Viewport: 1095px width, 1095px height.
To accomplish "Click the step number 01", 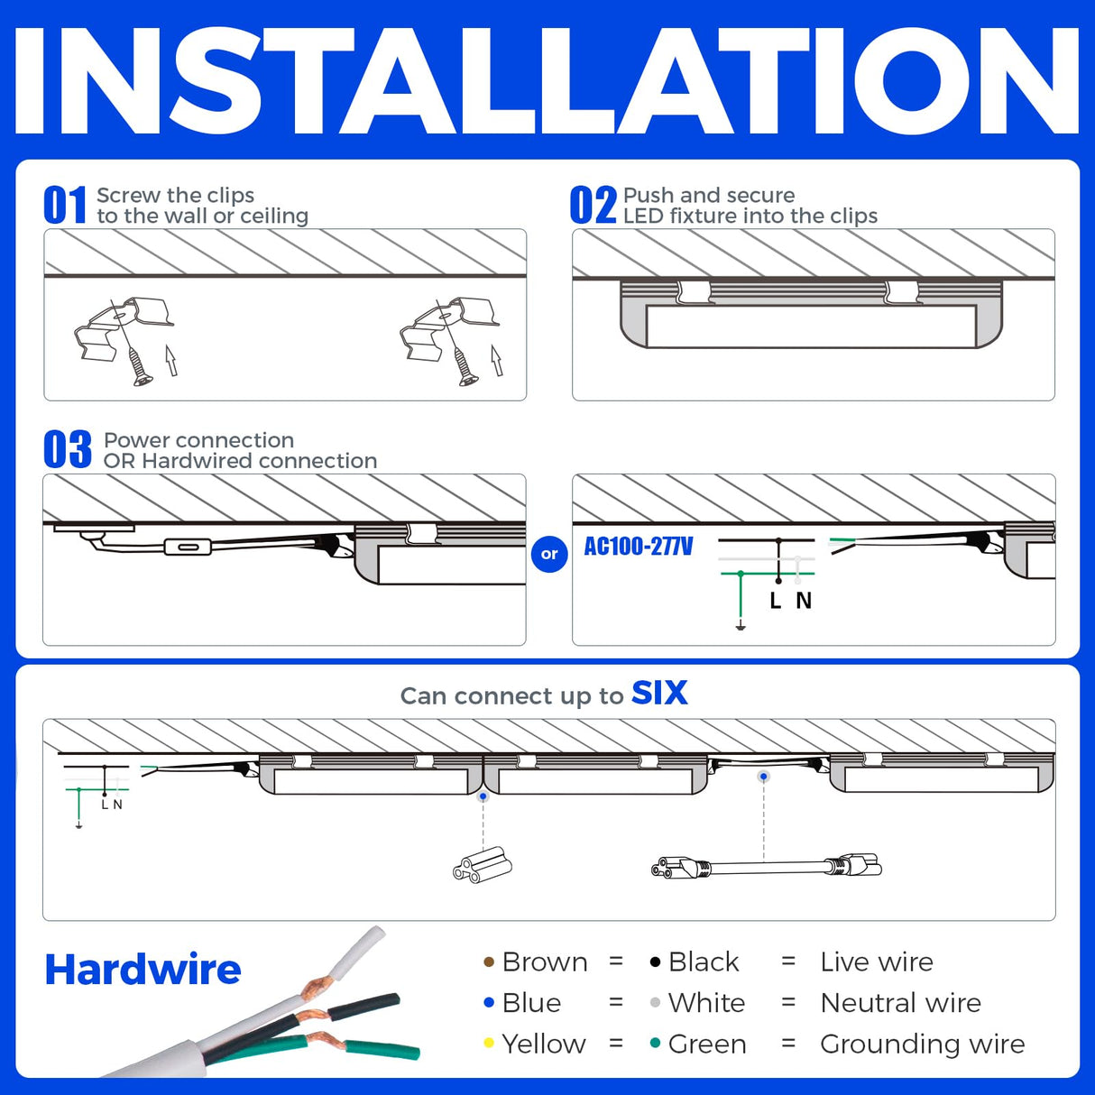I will click(x=65, y=206).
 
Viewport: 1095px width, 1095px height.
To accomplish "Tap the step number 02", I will click(x=593, y=206).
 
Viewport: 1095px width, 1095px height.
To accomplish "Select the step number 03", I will click(x=68, y=450).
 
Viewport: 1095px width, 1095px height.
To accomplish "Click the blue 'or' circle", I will click(x=549, y=554).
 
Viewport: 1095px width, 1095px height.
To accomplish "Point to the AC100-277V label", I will click(x=639, y=547).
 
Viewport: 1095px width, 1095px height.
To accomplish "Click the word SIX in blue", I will click(x=659, y=693).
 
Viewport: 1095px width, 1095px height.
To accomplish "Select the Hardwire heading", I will click(x=143, y=970).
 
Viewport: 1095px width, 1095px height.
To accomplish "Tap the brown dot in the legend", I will click(x=489, y=962).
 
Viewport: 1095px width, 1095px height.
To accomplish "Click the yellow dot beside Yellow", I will click(x=489, y=1044).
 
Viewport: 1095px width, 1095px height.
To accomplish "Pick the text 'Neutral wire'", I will click(x=900, y=1003).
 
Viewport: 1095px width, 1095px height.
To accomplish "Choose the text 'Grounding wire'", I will click(x=922, y=1044).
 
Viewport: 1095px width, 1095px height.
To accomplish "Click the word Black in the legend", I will click(x=704, y=962).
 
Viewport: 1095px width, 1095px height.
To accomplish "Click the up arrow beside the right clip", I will click(x=496, y=360).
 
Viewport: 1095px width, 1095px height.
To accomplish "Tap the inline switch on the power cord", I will click(x=188, y=547).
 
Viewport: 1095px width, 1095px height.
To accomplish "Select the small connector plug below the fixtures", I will click(x=483, y=866).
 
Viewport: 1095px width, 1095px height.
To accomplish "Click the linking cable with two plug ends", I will click(x=766, y=868).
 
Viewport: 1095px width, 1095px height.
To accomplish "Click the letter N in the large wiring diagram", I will click(x=804, y=601).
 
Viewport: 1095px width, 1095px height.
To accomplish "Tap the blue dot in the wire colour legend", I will click(x=489, y=1003).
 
